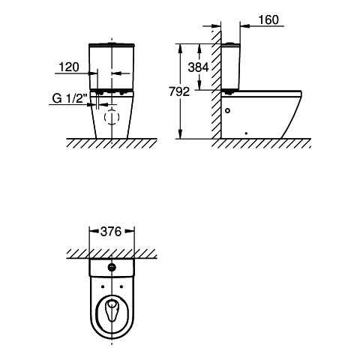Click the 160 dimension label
tap(268, 19)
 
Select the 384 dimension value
tap(198, 67)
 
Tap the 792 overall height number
tap(179, 91)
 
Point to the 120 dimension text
tap(69, 67)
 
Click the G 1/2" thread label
tap(70, 98)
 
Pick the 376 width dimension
tap(111, 232)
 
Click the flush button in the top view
tap(112, 267)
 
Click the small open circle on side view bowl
tap(227, 110)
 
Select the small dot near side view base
tap(246, 133)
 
